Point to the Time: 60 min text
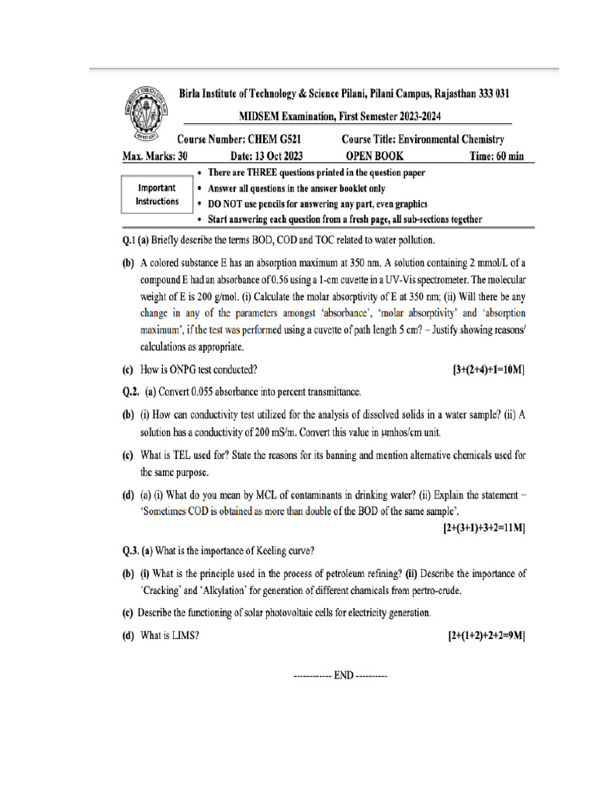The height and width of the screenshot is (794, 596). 497,156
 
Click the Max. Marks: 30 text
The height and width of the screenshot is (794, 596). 154,156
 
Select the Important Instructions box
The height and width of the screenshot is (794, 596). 156,195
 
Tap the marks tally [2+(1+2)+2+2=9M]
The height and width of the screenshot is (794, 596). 487,636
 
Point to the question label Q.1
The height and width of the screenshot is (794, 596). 129,240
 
